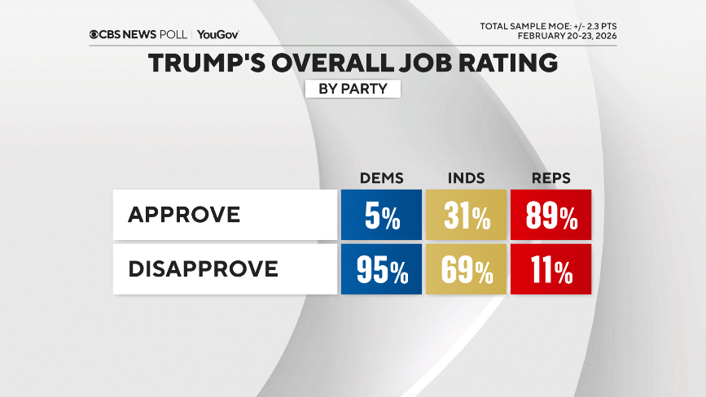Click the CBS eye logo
tap(94, 34)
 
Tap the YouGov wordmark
tap(218, 34)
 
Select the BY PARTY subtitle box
tap(353, 88)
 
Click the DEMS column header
tap(381, 178)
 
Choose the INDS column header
tap(466, 178)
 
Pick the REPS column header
tap(550, 178)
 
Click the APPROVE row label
tap(184, 215)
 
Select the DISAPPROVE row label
tap(203, 268)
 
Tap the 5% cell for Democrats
tap(381, 216)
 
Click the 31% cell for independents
tap(466, 216)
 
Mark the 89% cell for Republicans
tap(550, 216)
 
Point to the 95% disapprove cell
tap(381, 269)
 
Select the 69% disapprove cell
tap(466, 269)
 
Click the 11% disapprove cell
tap(550, 269)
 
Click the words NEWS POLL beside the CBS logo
tap(158, 34)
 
